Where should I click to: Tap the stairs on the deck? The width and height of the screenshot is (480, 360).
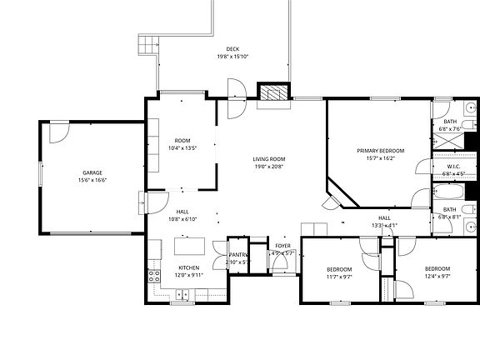click(x=147, y=45)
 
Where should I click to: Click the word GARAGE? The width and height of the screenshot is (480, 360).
click(x=92, y=172)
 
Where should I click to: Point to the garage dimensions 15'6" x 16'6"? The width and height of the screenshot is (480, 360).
click(x=92, y=181)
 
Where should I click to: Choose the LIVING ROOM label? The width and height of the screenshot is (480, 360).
click(x=269, y=158)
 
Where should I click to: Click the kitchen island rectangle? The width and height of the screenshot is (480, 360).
click(x=189, y=247)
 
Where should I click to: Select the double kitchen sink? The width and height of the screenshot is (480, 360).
click(x=182, y=293)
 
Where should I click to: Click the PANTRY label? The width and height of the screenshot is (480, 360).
click(x=237, y=255)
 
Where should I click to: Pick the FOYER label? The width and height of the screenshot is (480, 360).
click(x=282, y=245)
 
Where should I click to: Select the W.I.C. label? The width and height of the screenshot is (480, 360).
click(x=452, y=167)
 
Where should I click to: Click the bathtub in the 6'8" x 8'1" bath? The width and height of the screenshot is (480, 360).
click(x=448, y=195)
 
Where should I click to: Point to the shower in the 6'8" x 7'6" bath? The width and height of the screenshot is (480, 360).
click(x=450, y=142)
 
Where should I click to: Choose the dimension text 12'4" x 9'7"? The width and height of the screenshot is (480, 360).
click(x=437, y=277)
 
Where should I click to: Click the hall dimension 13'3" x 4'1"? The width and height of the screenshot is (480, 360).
click(x=384, y=225)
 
